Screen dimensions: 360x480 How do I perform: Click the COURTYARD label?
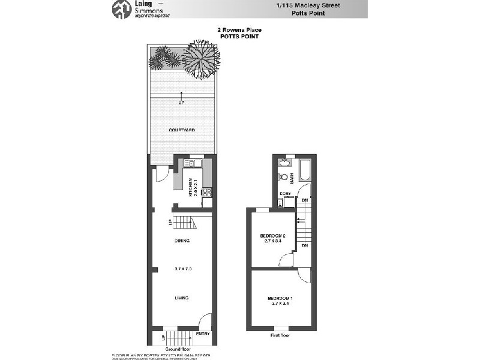click(x=181, y=130)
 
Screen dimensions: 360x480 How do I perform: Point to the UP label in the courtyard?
click(x=181, y=103)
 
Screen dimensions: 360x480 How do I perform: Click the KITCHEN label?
click(x=190, y=188)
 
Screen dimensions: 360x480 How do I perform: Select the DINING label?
click(x=182, y=241)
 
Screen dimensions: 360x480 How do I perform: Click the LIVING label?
click(x=182, y=298)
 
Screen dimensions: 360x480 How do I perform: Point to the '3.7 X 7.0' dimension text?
click(x=182, y=268)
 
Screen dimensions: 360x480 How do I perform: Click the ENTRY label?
click(x=203, y=334)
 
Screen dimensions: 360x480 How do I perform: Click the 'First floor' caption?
click(x=280, y=335)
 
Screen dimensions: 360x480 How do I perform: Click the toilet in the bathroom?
click(x=282, y=177)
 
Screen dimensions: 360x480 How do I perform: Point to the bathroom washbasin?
click(x=282, y=162)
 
